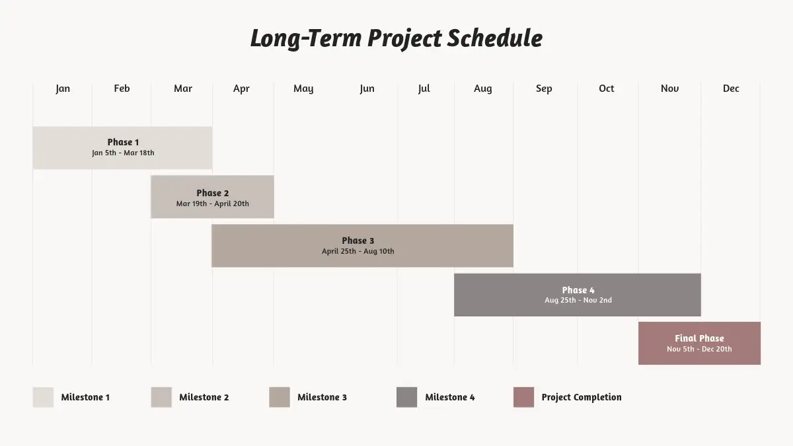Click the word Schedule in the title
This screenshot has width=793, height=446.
[x=494, y=38]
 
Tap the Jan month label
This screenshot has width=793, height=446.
[x=63, y=89]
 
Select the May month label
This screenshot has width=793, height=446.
[x=303, y=89]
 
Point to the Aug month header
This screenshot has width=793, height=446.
[x=483, y=89]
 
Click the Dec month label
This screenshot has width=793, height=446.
[x=731, y=88]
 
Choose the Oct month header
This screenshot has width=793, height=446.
[x=607, y=88]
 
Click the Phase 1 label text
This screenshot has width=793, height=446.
[x=123, y=142]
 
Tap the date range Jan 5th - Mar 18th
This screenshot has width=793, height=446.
[x=123, y=153]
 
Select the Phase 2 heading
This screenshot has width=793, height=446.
[x=212, y=193]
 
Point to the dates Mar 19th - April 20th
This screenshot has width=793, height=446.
[x=212, y=204]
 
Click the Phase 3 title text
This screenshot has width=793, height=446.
[x=358, y=241]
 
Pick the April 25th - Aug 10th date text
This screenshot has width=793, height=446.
[x=358, y=251]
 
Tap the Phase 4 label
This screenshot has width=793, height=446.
[x=578, y=290]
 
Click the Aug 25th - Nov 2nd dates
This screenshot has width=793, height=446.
[x=578, y=300]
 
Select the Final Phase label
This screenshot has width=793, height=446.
[x=699, y=338]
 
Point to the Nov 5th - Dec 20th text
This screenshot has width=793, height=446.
[x=699, y=349]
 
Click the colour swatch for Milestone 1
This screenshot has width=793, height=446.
[x=43, y=397]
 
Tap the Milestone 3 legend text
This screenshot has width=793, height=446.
[x=322, y=397]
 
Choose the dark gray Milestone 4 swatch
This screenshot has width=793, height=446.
[x=407, y=397]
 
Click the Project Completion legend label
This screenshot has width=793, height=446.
[x=582, y=398]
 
